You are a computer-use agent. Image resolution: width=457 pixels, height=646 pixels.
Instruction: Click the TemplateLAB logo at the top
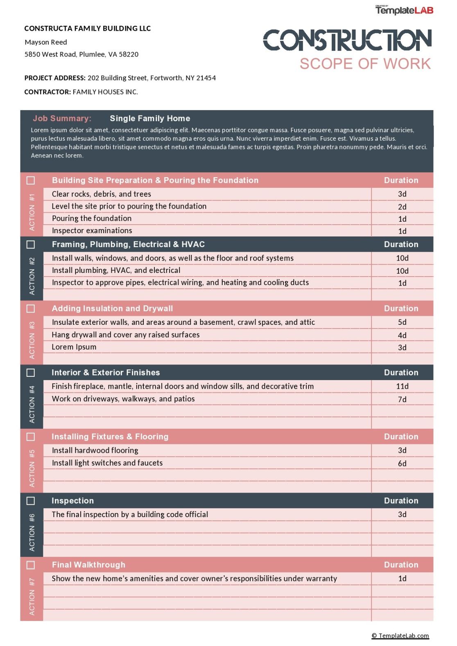[x=404, y=10]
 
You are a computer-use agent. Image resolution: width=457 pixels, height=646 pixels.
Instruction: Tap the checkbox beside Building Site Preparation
[x=31, y=180]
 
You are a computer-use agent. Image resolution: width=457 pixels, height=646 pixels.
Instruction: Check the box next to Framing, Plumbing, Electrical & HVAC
[x=31, y=245]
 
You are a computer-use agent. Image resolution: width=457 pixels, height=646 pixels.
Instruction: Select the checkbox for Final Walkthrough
[x=31, y=565]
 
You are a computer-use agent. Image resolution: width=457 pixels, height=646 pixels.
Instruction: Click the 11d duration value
[x=402, y=386]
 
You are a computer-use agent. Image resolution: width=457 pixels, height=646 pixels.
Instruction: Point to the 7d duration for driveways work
[x=402, y=399]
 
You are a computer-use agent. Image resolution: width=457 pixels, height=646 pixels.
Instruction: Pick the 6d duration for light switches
[x=402, y=463]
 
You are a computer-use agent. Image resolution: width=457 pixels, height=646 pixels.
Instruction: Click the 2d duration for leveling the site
[x=402, y=207]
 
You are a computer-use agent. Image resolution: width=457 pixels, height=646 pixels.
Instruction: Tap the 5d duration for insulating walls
[x=402, y=322]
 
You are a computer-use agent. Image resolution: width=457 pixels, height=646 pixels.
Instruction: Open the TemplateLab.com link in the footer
[x=400, y=635]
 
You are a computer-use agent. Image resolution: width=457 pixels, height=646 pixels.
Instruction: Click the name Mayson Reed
[x=46, y=42]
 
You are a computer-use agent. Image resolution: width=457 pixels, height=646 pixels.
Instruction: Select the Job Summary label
[x=62, y=118]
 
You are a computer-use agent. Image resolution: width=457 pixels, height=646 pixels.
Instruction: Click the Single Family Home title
[x=150, y=118]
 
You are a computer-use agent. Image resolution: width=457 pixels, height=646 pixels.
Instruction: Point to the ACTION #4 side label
[x=32, y=404]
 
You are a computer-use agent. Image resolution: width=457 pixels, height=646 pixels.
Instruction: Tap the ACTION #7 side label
[x=32, y=596]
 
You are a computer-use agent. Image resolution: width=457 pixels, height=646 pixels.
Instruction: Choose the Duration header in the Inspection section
[x=401, y=501]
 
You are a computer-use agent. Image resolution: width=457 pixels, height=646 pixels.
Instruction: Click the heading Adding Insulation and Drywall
[x=112, y=308]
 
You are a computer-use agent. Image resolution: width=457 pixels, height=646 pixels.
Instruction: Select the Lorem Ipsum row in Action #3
[x=74, y=347]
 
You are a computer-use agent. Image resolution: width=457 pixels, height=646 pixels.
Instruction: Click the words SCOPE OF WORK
[x=365, y=64]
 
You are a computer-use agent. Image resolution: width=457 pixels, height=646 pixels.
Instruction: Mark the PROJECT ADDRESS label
[x=55, y=78]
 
